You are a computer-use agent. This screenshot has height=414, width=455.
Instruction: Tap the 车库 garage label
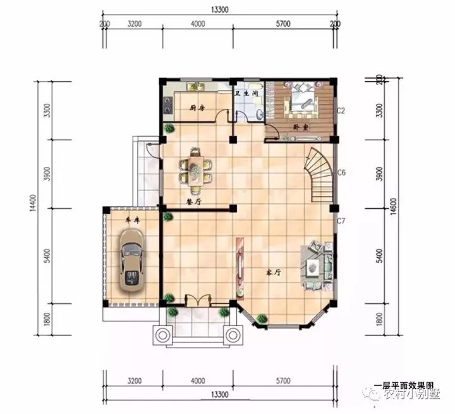[131, 219]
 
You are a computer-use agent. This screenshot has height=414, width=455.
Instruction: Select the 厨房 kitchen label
[198, 108]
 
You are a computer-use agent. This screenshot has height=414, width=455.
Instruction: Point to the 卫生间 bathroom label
[246, 94]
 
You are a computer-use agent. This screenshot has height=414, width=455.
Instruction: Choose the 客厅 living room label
[272, 272]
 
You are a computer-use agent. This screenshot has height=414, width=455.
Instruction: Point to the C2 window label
[340, 110]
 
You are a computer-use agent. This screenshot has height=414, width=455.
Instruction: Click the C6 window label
[340, 172]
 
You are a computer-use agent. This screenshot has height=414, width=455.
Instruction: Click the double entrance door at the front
[197, 300]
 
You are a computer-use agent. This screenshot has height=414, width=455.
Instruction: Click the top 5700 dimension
[282, 24]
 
